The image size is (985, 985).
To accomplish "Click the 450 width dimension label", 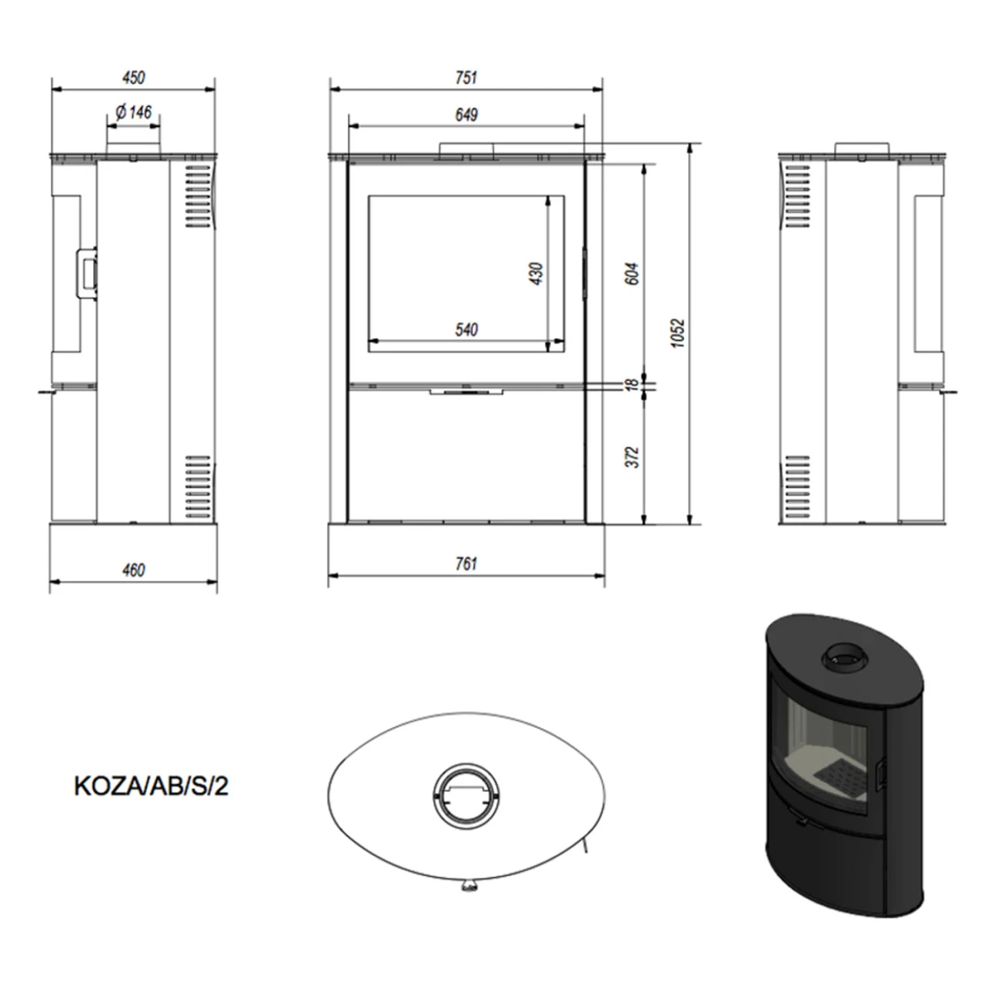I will (x=133, y=78).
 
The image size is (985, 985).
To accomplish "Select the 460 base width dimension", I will (x=133, y=570).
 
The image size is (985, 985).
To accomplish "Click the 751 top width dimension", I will (x=466, y=78).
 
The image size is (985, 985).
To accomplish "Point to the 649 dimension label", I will (x=466, y=115).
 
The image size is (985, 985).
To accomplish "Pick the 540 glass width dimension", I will (x=466, y=330).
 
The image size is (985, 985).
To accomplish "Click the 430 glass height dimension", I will (x=536, y=273).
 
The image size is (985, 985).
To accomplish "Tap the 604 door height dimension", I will (x=632, y=273).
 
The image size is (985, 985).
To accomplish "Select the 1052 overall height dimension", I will (x=677, y=332).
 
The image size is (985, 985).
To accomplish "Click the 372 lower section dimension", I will (x=632, y=456).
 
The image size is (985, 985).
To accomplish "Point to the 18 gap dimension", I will (x=631, y=383).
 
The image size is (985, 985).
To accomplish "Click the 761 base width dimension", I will (x=466, y=564).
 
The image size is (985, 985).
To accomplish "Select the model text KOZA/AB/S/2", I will (x=151, y=786).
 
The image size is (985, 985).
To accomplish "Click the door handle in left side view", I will (x=86, y=272).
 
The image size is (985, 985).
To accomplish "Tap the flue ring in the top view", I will (x=466, y=793).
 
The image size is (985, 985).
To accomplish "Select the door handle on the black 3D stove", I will (x=880, y=773).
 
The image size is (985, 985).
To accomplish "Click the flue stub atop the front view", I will (x=466, y=149).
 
